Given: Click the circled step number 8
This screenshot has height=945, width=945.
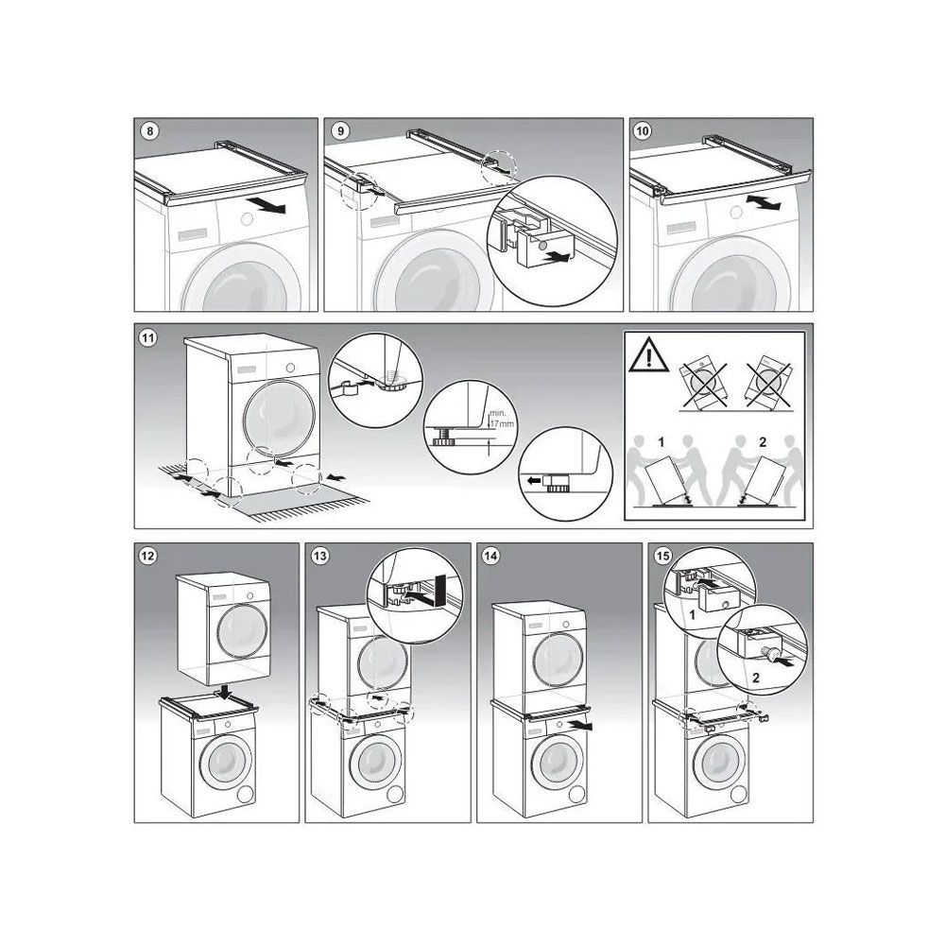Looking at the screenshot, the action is coord(149,130).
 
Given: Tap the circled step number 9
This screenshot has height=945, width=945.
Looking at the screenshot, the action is coord(340,130).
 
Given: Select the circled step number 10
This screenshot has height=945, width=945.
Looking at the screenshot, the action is coord(643,130).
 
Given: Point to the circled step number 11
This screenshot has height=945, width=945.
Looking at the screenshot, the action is coord(148,337).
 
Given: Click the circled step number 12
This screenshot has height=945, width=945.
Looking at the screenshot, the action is coord(147,556).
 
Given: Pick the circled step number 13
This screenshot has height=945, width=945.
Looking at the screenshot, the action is coord(320,556).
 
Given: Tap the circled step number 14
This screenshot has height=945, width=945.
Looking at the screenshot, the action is coord(491,556).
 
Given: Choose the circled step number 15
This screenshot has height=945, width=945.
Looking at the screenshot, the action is coord(662,556).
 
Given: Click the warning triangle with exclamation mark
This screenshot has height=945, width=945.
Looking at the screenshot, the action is coord(648,355).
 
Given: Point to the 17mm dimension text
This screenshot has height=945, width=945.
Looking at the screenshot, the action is coord(502,423).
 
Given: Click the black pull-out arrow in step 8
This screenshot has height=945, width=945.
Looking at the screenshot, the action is coord(269,206).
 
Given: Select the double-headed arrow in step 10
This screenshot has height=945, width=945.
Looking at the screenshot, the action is coord(764,203).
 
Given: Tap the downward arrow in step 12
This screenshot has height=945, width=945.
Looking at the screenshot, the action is coord(225,691).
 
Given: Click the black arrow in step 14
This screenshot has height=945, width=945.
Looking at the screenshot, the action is coord(579,725).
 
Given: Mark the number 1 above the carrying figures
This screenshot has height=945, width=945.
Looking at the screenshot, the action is coord(661,442).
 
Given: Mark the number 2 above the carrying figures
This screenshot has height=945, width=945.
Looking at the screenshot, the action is coord(763,442).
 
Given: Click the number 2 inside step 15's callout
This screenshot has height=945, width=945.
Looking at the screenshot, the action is coord(756,678).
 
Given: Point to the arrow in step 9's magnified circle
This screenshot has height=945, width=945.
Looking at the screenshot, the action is coord(555,257).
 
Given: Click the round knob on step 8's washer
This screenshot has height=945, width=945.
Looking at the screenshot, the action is coord(247,220).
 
